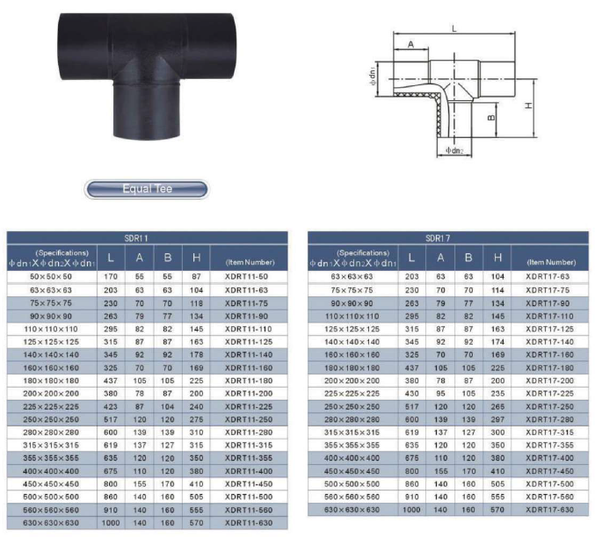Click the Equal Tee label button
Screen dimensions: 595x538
(x=147, y=189)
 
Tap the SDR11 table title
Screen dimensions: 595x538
(x=136, y=238)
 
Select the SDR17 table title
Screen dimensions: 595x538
(x=438, y=238)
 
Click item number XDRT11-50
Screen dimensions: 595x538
(x=246, y=277)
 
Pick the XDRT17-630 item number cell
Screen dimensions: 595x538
(x=550, y=510)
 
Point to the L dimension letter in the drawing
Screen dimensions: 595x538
(x=454, y=28)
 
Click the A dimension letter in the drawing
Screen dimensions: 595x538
(x=411, y=45)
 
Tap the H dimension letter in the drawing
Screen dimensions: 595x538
(x=528, y=105)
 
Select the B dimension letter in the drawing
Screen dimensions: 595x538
(x=491, y=118)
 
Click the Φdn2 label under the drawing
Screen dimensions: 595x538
(x=454, y=150)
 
